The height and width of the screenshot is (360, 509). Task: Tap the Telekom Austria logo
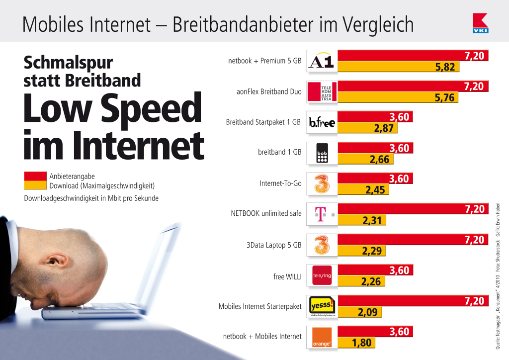coord(322,92)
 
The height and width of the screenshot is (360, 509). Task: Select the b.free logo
coord(322,122)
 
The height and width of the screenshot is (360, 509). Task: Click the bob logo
coord(322,153)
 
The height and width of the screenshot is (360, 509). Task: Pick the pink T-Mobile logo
coord(322,214)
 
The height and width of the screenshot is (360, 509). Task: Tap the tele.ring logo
coord(322,275)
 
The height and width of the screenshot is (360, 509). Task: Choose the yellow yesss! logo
coord(322,306)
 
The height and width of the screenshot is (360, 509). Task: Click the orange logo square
coord(322,337)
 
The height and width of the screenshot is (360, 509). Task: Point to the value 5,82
coord(445,67)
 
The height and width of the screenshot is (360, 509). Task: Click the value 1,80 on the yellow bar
coord(361,343)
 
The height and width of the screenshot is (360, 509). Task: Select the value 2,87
coord(383,128)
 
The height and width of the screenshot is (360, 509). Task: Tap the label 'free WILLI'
coord(287,275)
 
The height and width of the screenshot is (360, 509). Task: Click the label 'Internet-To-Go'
coord(280,183)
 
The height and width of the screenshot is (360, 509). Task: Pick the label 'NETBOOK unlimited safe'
coord(266,214)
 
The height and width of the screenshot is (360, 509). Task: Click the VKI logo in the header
coord(480,23)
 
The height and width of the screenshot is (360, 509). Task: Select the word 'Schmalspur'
coord(69,63)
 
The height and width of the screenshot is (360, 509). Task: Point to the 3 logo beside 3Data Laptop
coord(322,245)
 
